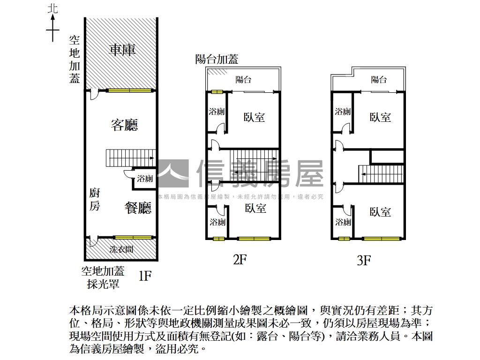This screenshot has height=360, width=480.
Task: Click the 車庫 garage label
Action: [122, 50]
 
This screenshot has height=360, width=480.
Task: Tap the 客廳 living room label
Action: [124, 125]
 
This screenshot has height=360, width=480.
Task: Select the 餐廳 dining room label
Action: [138, 207]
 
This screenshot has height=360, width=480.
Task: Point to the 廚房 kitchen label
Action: [95, 199]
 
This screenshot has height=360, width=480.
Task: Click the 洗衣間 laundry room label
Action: [121, 249]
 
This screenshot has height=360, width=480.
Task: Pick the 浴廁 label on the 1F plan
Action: [145, 179]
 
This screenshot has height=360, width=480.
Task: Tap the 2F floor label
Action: [240, 259]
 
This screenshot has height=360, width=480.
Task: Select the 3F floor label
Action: [364, 260]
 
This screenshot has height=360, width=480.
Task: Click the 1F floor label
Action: [145, 275]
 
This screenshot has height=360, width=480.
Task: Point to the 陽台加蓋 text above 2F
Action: [217, 59]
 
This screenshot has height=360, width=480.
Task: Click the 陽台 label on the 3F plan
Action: [379, 79]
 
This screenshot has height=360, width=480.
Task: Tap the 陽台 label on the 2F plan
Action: [244, 79]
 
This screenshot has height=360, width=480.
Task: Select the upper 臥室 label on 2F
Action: [254, 117]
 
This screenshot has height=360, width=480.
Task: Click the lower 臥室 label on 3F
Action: [380, 212]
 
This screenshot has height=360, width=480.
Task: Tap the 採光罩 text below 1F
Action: [103, 283]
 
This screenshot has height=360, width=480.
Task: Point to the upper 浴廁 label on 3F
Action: [343, 112]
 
